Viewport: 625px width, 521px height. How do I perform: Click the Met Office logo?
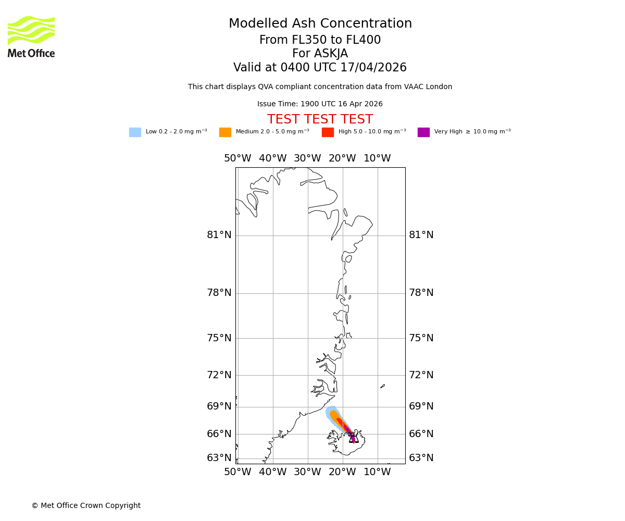click(x=31, y=36)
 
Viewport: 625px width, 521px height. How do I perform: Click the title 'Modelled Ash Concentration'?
click(x=320, y=24)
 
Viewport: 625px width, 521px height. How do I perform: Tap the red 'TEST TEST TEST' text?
click(x=320, y=120)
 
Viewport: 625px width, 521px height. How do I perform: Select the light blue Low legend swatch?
click(x=135, y=132)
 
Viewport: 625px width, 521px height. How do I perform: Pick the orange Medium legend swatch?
click(x=225, y=132)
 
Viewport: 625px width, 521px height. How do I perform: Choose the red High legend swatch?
click(x=328, y=132)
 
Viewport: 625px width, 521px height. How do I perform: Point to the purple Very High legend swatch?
click(x=423, y=132)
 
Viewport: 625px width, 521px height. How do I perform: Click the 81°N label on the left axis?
click(x=219, y=235)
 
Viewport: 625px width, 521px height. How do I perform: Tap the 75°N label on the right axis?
click(x=421, y=338)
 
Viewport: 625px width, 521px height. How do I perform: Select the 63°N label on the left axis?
click(x=219, y=458)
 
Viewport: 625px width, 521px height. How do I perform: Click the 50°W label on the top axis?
click(x=238, y=158)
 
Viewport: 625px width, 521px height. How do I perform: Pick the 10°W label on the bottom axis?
click(x=377, y=472)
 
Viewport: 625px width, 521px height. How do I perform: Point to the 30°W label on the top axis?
click(x=307, y=158)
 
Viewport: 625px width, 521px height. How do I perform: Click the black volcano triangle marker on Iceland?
click(x=354, y=438)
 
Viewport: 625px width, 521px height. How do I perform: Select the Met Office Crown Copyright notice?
click(x=86, y=506)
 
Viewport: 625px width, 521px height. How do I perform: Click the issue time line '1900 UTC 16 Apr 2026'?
click(x=320, y=104)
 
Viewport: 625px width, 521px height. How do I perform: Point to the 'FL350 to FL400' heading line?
click(x=320, y=40)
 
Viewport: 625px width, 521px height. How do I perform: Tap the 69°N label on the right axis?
click(x=421, y=406)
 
